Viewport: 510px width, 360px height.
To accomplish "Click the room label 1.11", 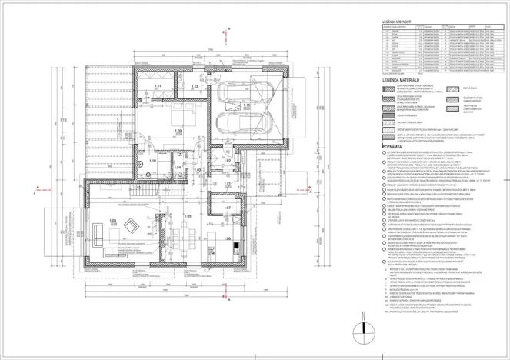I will pyautogui.click(x=157, y=85).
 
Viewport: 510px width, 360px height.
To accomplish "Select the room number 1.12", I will pyautogui.click(x=195, y=88).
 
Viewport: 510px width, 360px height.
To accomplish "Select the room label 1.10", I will pyautogui.click(x=152, y=161).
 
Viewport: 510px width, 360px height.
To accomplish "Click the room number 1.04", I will pyautogui.click(x=177, y=166).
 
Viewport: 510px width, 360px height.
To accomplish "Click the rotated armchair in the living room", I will pyautogui.click(x=132, y=226).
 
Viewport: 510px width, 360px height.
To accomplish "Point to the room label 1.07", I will pyautogui.click(x=227, y=208).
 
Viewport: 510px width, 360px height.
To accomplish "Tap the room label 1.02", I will pyautogui.click(x=227, y=160).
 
